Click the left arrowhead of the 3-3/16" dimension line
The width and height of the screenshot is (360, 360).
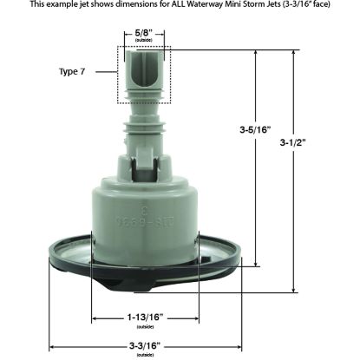tap(50, 345)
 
